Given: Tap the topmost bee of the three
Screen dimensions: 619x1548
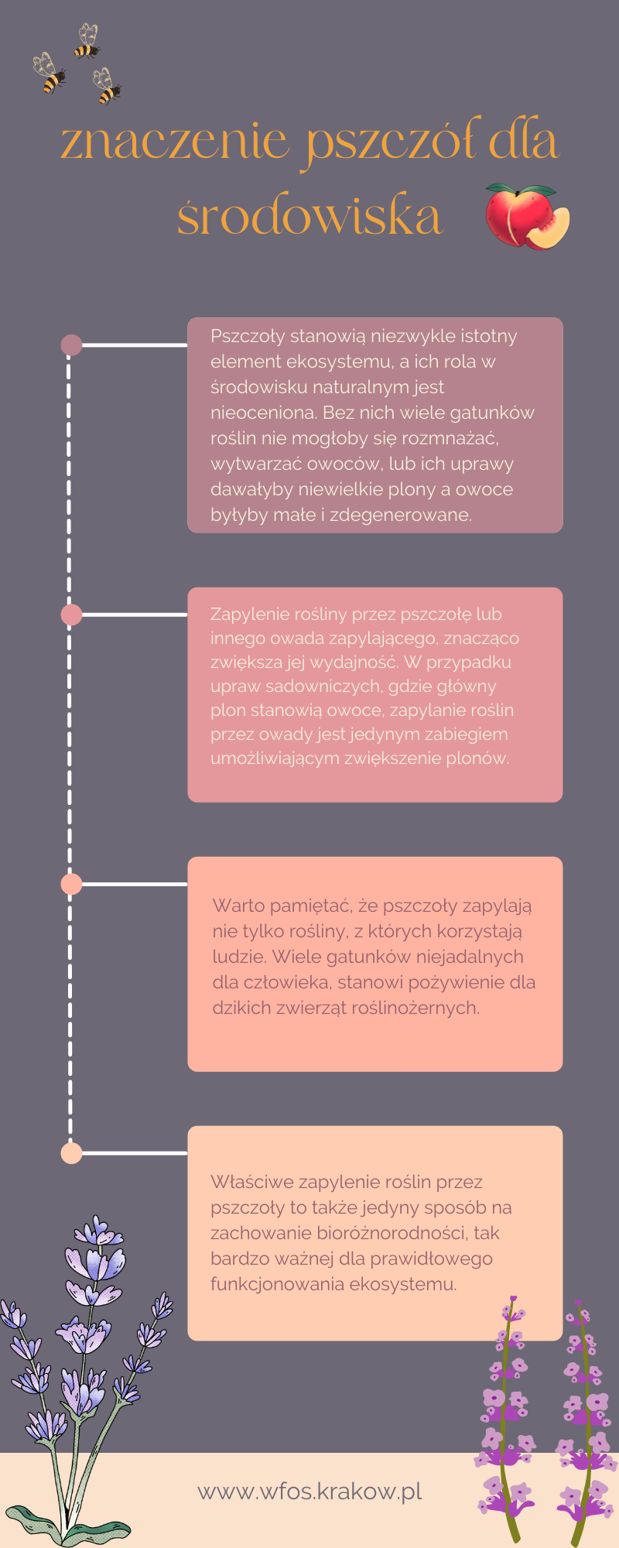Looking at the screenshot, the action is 87,41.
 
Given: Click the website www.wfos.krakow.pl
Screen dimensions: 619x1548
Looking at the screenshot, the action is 309,1491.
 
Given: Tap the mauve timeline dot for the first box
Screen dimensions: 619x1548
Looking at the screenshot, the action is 71,344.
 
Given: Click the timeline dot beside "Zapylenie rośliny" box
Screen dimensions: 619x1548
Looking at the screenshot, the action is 71,615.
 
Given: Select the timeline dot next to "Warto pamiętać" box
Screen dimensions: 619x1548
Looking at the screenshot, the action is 71,884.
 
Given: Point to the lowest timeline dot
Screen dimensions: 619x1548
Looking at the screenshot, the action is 71,1153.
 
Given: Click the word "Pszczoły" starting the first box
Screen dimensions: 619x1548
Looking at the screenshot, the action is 247,337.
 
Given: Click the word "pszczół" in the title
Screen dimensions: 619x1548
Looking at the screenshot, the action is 395,143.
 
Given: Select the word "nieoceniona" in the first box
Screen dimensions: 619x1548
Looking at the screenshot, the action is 263,413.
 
